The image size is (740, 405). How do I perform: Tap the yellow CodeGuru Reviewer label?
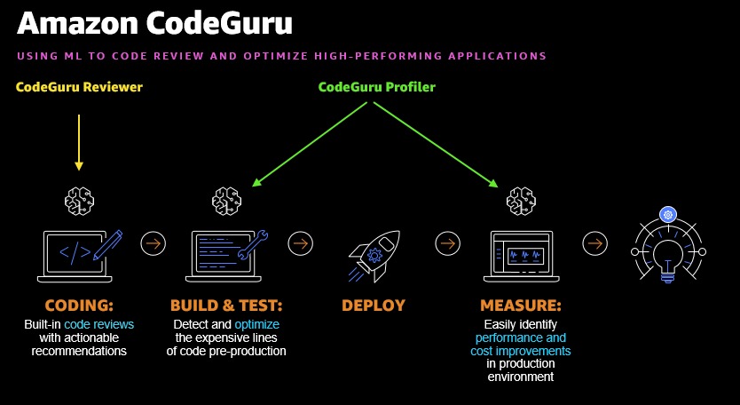(79, 87)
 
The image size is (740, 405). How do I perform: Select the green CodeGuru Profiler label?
(377, 87)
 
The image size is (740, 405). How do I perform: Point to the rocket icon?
(374, 251)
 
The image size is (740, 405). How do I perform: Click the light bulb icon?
(668, 250)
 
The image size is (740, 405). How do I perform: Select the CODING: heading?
(79, 306)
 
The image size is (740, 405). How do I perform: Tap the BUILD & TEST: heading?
(225, 306)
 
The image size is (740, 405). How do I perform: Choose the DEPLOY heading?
(374, 306)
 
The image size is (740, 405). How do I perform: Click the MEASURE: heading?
(520, 306)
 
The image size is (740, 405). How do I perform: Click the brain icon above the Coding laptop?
(79, 200)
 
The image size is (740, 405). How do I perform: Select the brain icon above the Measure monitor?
(520, 200)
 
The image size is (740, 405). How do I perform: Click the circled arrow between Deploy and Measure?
(447, 242)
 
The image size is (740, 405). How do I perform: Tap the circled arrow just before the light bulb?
(594, 242)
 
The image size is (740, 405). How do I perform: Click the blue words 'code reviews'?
(99, 325)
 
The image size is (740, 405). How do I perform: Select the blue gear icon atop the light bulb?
(668, 214)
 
